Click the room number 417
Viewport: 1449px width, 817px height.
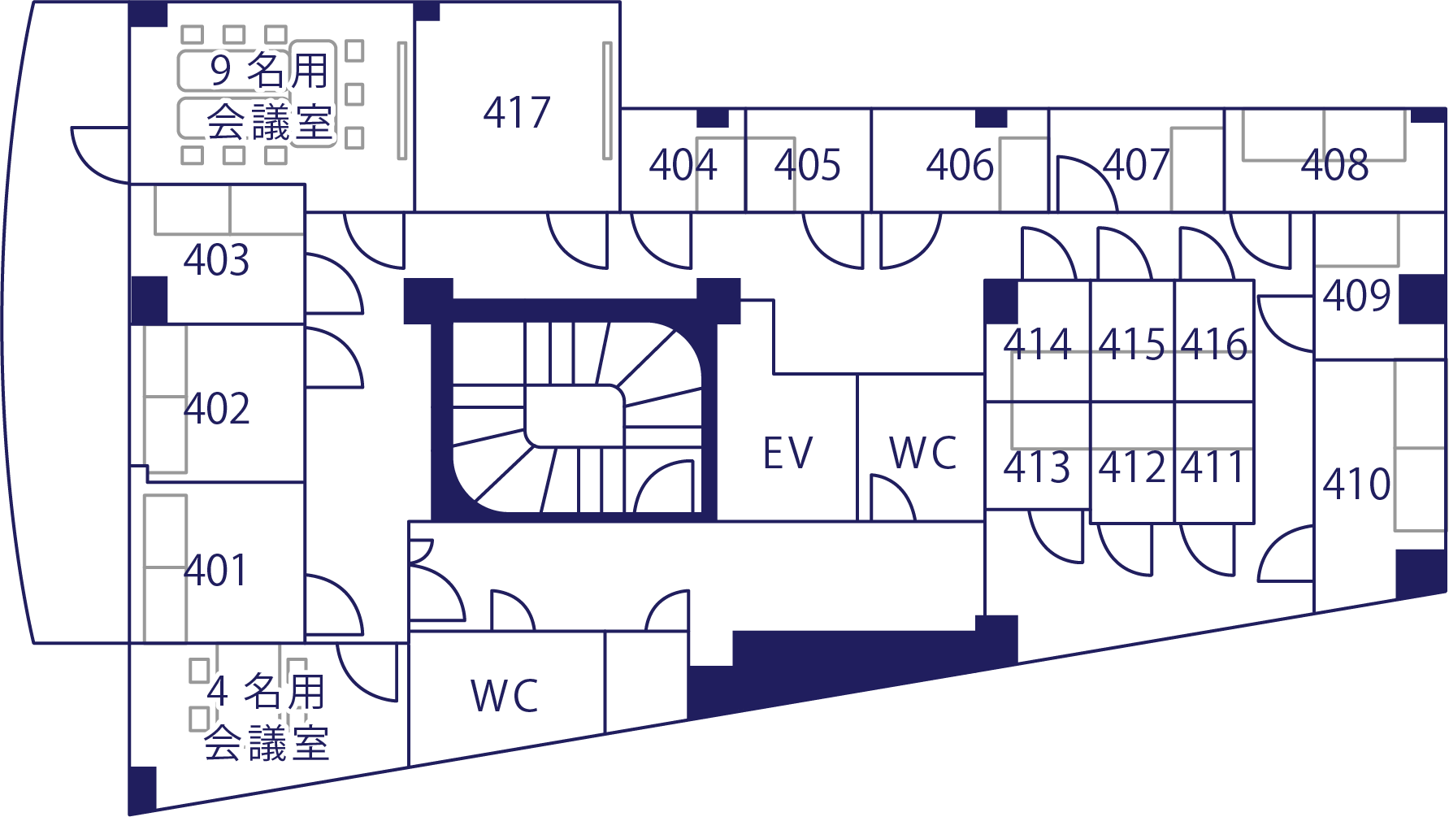point(517,112)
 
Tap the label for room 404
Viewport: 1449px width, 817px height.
point(683,165)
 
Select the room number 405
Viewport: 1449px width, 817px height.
point(807,165)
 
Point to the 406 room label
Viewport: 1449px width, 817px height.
point(960,165)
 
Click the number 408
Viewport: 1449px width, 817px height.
point(1334,165)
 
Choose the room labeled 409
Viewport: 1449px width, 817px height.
point(1356,296)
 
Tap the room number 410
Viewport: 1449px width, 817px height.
point(1356,485)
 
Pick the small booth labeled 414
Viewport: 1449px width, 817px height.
point(1037,344)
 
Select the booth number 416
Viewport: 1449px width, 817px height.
point(1214,344)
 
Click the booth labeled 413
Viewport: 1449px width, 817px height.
point(1037,467)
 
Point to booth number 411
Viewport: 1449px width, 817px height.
point(1213,467)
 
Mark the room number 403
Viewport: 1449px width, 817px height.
point(216,261)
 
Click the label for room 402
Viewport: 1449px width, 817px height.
point(217,409)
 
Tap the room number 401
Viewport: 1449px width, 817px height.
point(215,571)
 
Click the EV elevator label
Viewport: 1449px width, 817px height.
point(787,454)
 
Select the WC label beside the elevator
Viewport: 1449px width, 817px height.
point(923,454)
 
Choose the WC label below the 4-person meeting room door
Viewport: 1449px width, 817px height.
point(505,696)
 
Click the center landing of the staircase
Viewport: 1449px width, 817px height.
point(574,415)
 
